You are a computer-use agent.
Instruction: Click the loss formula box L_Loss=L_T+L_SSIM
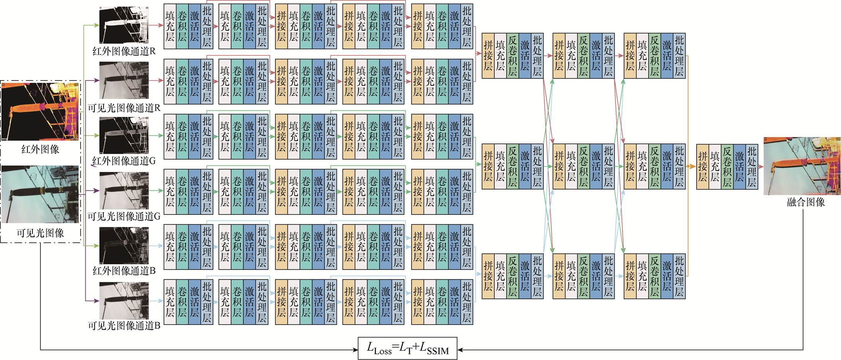point(407,348)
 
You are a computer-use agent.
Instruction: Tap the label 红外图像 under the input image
point(40,150)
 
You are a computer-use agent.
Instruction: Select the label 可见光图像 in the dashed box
point(40,233)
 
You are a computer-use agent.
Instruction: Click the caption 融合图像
point(805,202)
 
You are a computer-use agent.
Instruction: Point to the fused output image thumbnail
point(802,166)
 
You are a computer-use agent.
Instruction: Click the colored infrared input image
point(40,111)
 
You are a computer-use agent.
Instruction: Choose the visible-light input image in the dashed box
point(40,194)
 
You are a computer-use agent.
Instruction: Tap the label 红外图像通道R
point(124,51)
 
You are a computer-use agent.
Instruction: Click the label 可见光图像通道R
point(124,108)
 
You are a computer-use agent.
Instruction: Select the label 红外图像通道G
point(124,161)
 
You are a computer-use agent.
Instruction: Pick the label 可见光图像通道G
point(124,216)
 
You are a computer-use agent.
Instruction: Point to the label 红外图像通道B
point(124,271)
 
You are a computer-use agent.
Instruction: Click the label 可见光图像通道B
point(124,326)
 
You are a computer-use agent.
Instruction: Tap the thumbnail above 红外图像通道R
point(124,25)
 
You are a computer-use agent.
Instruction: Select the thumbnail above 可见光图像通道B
point(124,301)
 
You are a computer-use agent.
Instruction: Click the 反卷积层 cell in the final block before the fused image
point(727,166)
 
